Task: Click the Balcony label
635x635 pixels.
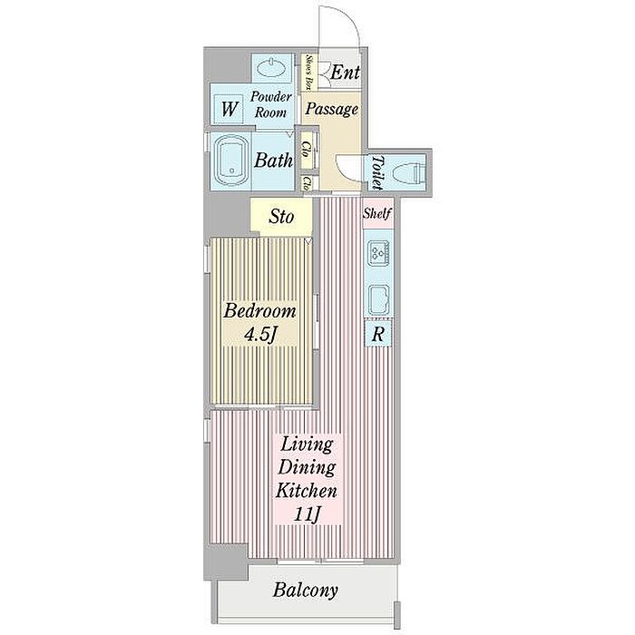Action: (x=305, y=590)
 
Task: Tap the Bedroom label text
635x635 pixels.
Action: (x=259, y=311)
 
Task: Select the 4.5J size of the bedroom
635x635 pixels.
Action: (x=260, y=335)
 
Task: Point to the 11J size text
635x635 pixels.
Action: (x=307, y=514)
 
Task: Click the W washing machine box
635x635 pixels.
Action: (x=229, y=109)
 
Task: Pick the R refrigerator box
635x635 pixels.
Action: (x=378, y=334)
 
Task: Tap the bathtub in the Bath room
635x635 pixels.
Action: (x=230, y=161)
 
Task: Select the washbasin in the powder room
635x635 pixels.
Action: (x=272, y=69)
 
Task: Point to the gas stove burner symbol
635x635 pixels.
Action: (x=379, y=253)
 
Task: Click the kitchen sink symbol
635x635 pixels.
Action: (x=378, y=299)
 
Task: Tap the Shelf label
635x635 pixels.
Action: (x=377, y=213)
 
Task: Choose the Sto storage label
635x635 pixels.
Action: (x=281, y=217)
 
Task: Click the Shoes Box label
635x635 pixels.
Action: (x=308, y=72)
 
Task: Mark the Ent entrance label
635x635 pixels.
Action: (x=345, y=73)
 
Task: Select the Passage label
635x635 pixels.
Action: (x=332, y=109)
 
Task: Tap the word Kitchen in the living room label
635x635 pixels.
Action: (x=307, y=491)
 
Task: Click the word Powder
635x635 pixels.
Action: (x=270, y=97)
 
